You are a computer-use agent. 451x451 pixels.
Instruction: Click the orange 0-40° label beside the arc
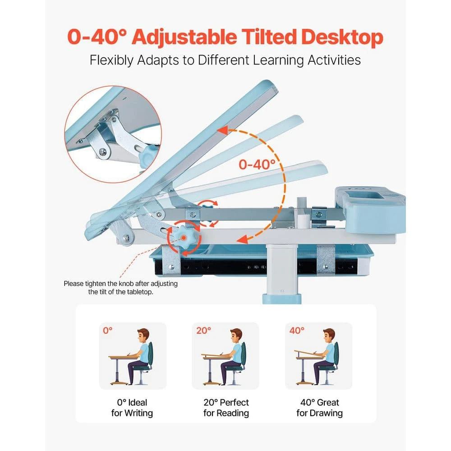point(257,164)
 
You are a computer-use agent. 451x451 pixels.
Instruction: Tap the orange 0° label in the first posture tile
point(107,331)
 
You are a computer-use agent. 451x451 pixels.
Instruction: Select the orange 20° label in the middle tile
point(203,331)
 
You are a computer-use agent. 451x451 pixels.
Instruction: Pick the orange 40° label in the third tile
point(297,331)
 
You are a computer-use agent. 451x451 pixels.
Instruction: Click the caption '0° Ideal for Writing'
point(132,407)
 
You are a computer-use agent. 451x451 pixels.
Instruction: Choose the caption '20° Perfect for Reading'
point(225,407)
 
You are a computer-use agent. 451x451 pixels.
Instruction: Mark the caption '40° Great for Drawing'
point(319,407)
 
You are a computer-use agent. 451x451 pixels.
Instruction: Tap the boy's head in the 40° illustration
point(328,336)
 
